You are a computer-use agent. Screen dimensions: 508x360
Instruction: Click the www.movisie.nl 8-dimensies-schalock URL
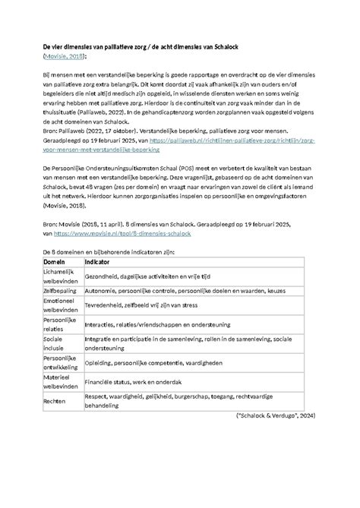coord(122,235)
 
